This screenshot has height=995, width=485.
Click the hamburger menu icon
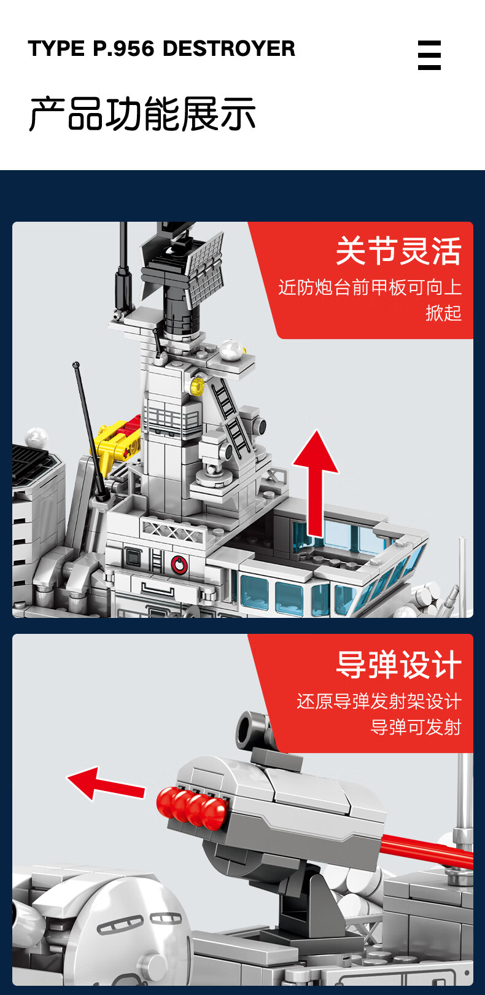tap(429, 55)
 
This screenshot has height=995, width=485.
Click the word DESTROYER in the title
tap(229, 49)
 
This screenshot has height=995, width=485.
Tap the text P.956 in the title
tap(123, 49)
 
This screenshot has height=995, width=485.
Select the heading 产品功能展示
tap(142, 114)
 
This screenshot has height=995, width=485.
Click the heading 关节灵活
tap(398, 251)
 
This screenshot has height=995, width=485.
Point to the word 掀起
tap(444, 313)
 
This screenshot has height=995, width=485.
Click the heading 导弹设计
tap(398, 665)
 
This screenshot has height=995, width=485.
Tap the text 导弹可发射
tap(416, 727)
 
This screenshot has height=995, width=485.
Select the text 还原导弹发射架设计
tap(379, 701)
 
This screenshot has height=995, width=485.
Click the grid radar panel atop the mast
tap(205, 270)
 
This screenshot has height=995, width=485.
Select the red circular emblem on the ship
tap(179, 564)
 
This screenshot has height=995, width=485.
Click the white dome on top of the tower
tap(231, 349)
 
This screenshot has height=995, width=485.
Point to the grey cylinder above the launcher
tap(253, 729)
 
